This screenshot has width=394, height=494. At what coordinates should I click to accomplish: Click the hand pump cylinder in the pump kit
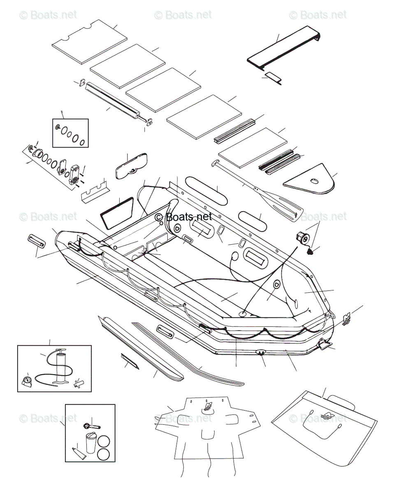62,364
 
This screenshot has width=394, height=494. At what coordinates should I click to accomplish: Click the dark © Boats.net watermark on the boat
183,217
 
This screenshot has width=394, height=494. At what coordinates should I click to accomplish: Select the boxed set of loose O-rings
70,133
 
